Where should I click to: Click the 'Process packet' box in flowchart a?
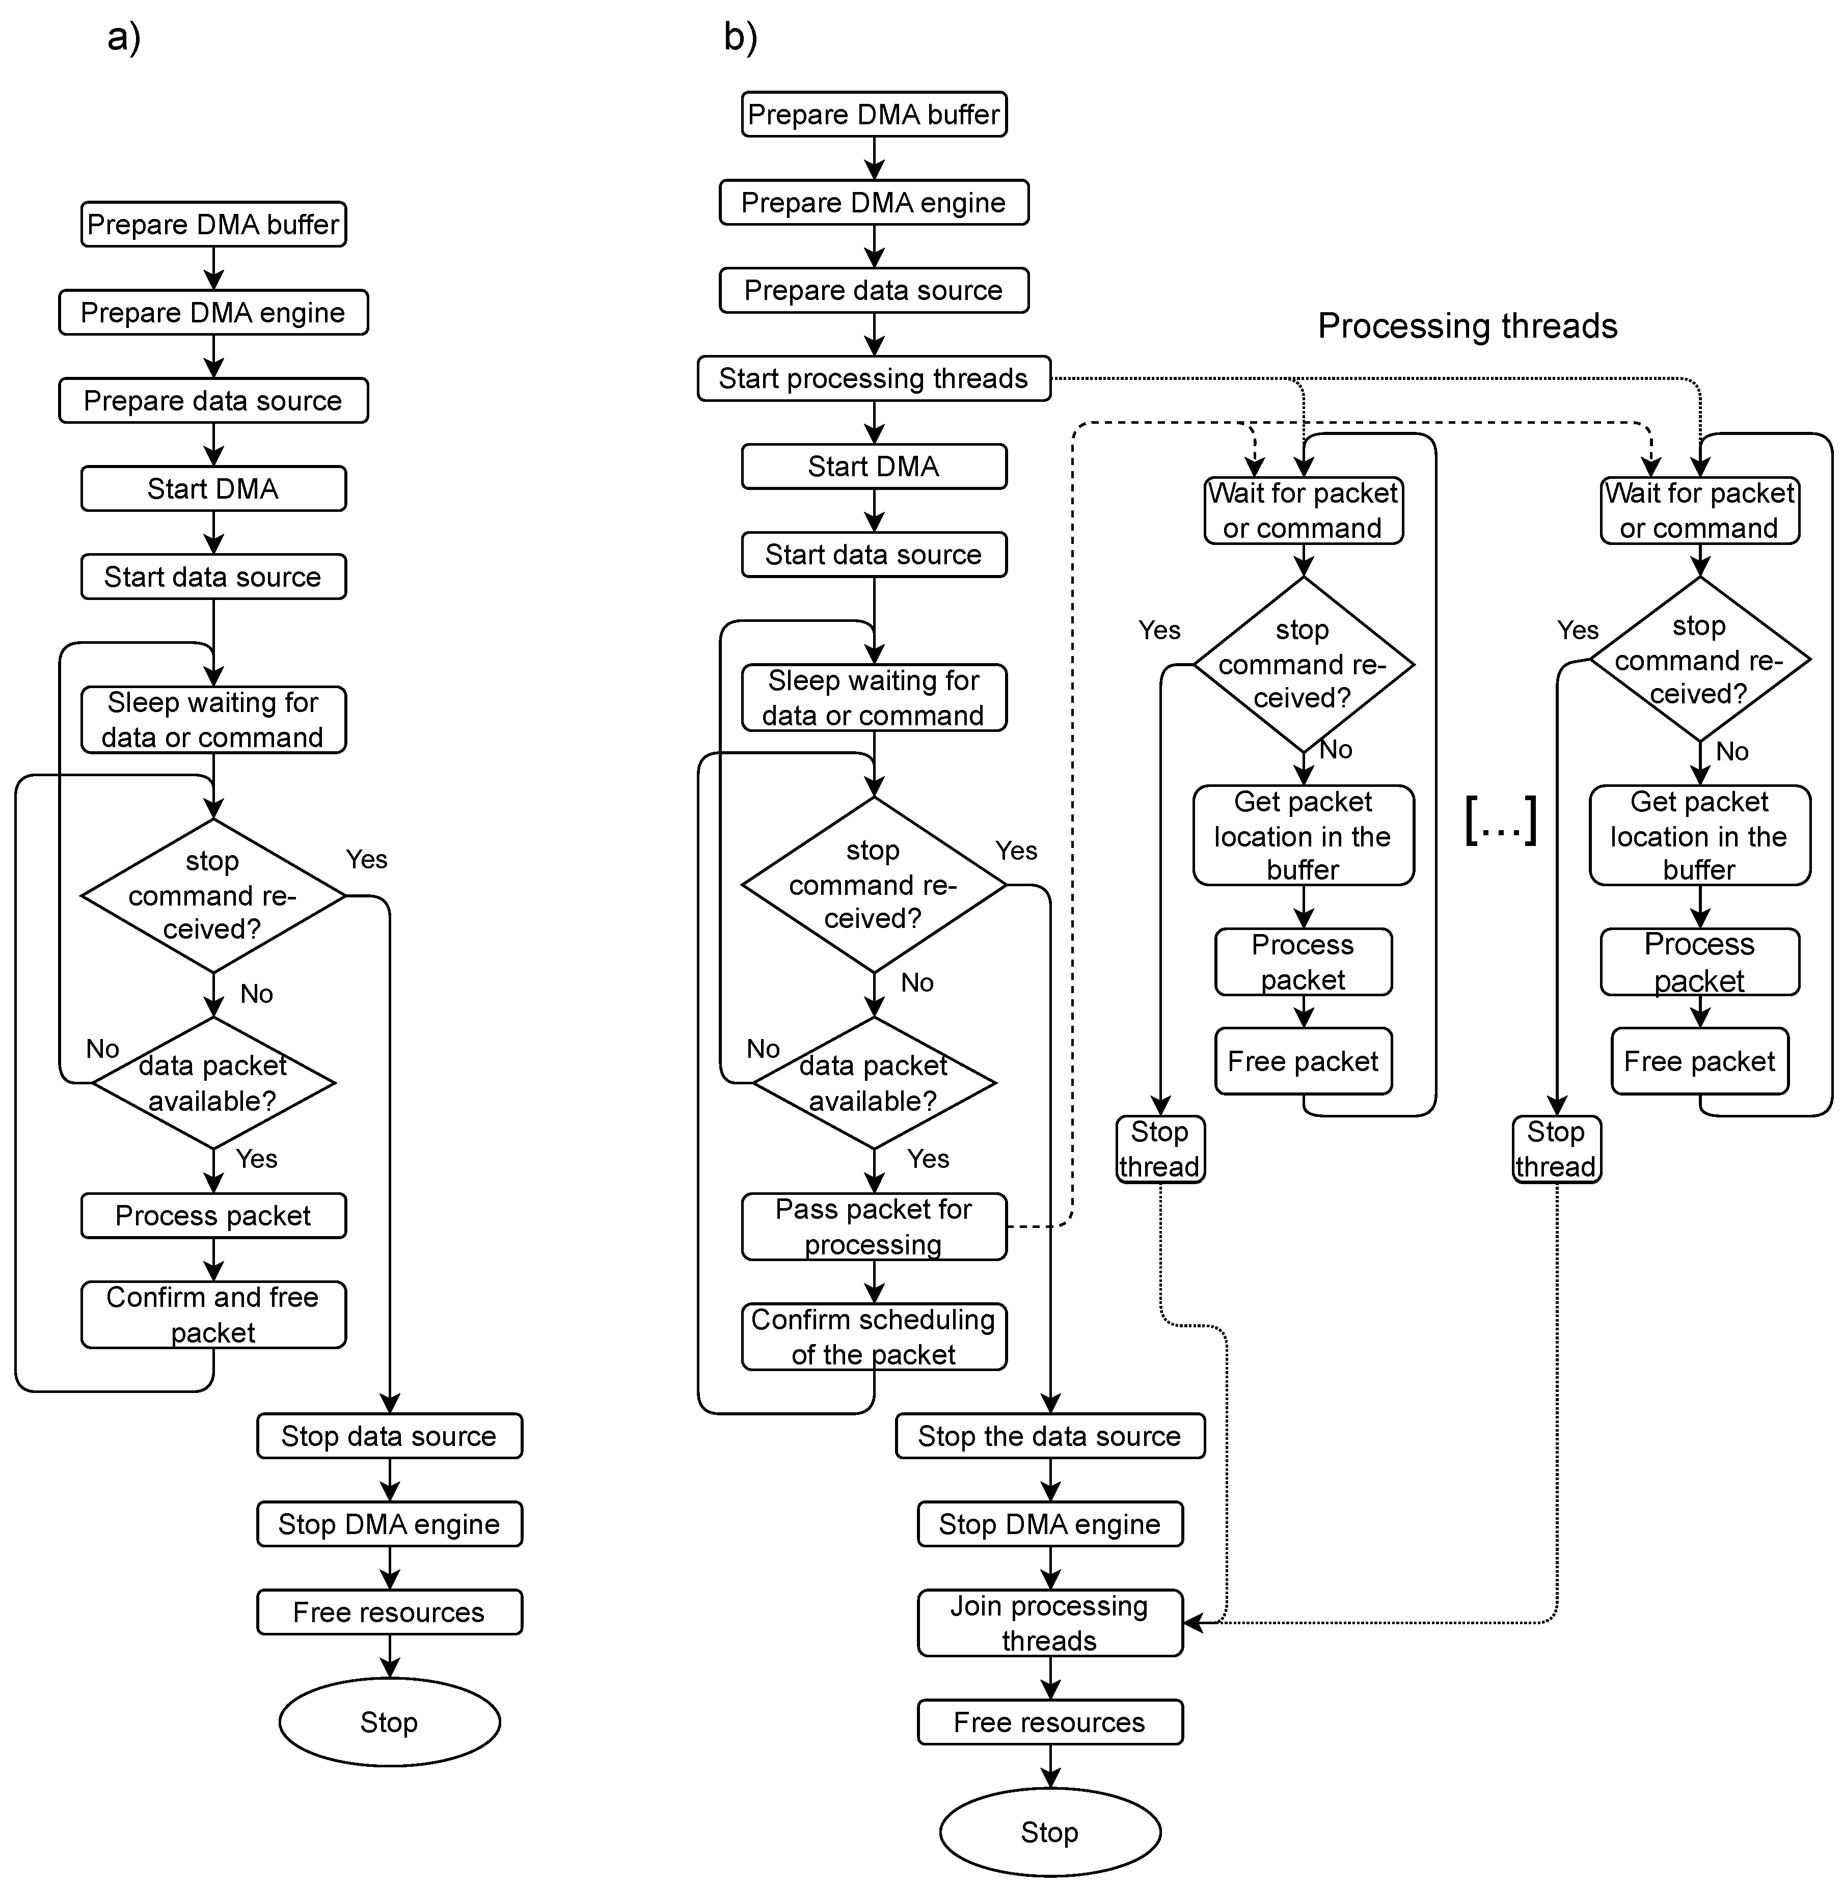click(213, 1215)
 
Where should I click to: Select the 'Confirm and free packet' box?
click(213, 1314)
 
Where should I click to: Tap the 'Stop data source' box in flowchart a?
click(389, 1436)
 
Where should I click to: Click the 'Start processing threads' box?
click(873, 378)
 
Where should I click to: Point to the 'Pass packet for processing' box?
click(873, 1226)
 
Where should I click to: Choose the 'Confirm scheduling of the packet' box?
click(873, 1336)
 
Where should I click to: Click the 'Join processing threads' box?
click(1049, 1623)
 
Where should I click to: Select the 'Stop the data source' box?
click(1049, 1436)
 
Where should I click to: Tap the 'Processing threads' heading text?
click(1468, 326)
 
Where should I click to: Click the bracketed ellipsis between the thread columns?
click(1500, 821)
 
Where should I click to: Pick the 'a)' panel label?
click(124, 38)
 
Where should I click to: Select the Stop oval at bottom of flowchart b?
click(1049, 1832)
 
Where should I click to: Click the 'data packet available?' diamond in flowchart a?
click(213, 1083)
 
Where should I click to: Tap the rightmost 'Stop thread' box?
click(1556, 1148)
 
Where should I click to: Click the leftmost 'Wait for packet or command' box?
click(1303, 510)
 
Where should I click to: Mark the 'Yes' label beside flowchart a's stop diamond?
click(366, 859)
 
